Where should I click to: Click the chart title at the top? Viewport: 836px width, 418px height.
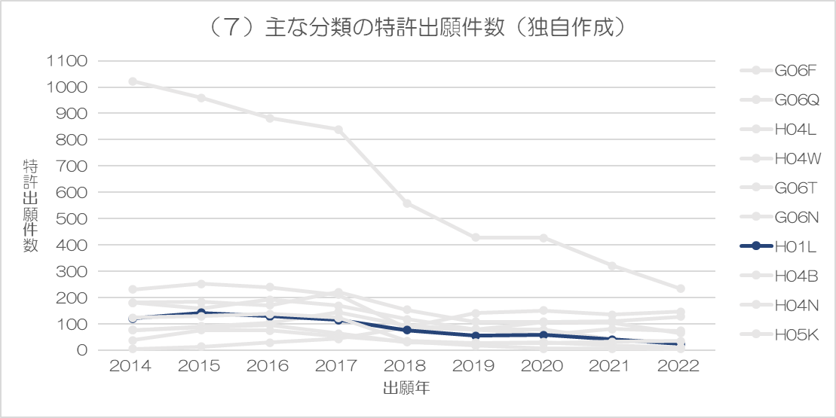point(418,28)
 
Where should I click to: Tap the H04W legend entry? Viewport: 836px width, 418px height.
point(778,158)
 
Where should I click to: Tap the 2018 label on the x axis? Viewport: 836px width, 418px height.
point(407,367)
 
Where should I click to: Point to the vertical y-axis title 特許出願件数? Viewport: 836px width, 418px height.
point(30,206)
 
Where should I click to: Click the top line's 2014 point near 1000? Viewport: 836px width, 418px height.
point(133,81)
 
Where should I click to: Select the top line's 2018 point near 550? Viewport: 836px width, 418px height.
point(407,203)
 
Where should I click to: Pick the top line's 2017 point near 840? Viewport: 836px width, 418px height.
point(338,130)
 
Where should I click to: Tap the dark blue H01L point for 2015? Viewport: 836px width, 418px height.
point(201,313)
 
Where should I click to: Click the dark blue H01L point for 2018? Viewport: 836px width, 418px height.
point(407,330)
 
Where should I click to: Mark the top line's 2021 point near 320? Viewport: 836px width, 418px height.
point(612,266)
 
